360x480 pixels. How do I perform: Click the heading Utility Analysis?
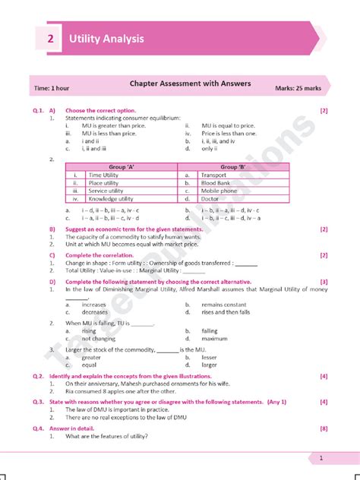[106, 39]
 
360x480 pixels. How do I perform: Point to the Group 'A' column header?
[121, 166]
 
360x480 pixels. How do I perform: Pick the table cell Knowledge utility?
[112, 199]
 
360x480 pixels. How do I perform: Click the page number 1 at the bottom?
[321, 458]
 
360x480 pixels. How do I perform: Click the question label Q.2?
[38, 376]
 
